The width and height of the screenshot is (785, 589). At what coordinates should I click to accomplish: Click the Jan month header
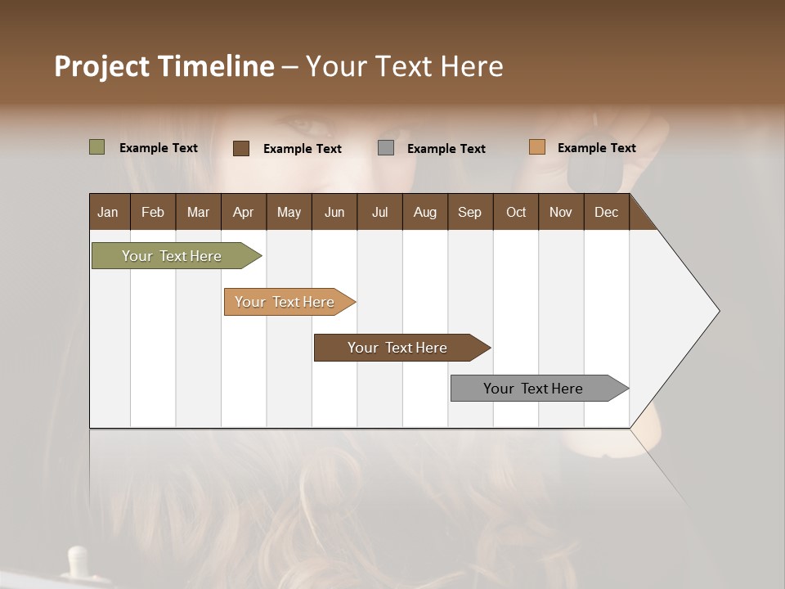108,212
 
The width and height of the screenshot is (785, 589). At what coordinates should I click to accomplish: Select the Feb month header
153,212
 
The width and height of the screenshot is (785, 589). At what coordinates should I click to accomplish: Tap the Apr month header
243,212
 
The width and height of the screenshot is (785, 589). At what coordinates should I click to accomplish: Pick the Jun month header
334,212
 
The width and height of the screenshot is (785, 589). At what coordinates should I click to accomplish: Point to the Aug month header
424,212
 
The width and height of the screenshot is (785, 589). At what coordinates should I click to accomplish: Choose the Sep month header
469,212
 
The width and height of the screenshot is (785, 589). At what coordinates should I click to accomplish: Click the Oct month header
516,212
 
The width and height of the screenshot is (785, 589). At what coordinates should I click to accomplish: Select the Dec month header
606,212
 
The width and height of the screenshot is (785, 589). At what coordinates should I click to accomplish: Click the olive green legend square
96,147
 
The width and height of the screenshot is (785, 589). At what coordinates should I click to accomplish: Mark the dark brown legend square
241,148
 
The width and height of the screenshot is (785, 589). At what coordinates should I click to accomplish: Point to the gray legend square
386,147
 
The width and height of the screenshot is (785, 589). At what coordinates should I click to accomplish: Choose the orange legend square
536,147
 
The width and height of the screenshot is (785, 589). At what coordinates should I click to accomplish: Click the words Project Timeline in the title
164,66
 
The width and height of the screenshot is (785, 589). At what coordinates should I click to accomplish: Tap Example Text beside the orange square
596,148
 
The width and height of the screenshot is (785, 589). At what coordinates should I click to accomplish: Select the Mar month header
198,212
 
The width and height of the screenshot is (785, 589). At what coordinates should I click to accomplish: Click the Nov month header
561,212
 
